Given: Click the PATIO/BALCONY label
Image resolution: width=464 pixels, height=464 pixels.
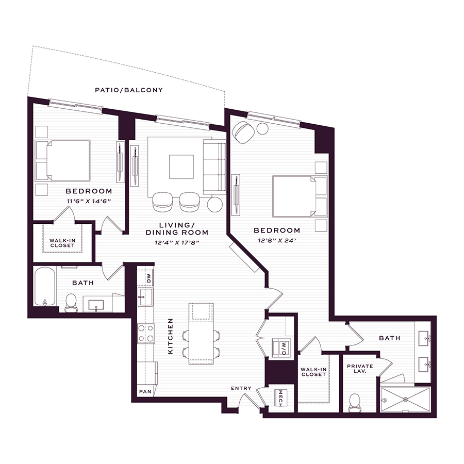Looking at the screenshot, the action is coord(129,90).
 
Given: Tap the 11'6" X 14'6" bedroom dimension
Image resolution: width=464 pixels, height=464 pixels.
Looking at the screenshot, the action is coord(89,201).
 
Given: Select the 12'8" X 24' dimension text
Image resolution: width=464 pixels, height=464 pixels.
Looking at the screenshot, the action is coord(277,241).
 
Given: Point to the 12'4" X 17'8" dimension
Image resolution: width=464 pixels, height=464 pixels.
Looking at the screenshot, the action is coord(177,243).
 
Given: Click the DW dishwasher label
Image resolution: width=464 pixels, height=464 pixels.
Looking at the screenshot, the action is coord(149,277).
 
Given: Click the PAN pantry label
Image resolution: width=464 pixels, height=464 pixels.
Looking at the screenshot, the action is coord(145,391).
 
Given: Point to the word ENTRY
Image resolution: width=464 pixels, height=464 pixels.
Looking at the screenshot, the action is coord(241,388).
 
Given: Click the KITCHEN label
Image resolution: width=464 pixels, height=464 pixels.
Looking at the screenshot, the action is coord(170,336).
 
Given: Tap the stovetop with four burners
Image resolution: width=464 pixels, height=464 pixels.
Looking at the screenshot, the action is coord(146,333).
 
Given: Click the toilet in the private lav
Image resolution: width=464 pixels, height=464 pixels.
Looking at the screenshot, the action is coord(355,403).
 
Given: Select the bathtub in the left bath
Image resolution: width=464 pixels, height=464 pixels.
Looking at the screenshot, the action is coord(45,286).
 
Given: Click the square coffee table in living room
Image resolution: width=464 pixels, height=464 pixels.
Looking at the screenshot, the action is coord(181,167).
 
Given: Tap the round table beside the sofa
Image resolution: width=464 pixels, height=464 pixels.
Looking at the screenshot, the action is coord(215,204).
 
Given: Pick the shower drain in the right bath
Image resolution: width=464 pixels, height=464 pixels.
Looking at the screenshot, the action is coord(405,400).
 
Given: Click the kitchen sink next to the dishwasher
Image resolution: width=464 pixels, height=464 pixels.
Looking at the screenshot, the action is coord(145,297).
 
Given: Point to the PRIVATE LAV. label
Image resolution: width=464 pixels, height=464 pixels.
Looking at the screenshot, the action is coord(360,369).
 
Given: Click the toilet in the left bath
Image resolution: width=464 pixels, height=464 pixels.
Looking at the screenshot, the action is coord(71,303).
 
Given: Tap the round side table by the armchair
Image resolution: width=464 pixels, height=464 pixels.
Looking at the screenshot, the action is coord(262,129).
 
